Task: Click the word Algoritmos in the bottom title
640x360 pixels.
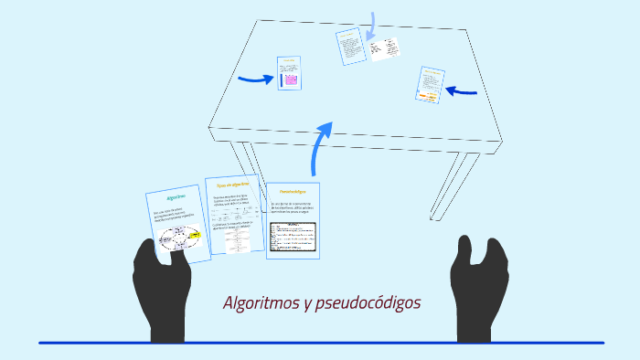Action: [259, 303]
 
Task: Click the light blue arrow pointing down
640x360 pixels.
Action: [372, 26]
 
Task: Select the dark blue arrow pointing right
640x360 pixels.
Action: [255, 79]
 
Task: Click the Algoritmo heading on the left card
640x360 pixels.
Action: [176, 196]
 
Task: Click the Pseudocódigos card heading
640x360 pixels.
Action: [293, 191]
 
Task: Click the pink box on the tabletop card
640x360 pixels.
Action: [291, 80]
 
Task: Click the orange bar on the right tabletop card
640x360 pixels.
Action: [429, 94]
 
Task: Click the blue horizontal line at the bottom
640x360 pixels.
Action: [320, 343]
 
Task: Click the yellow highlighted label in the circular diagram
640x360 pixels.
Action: [193, 235]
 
